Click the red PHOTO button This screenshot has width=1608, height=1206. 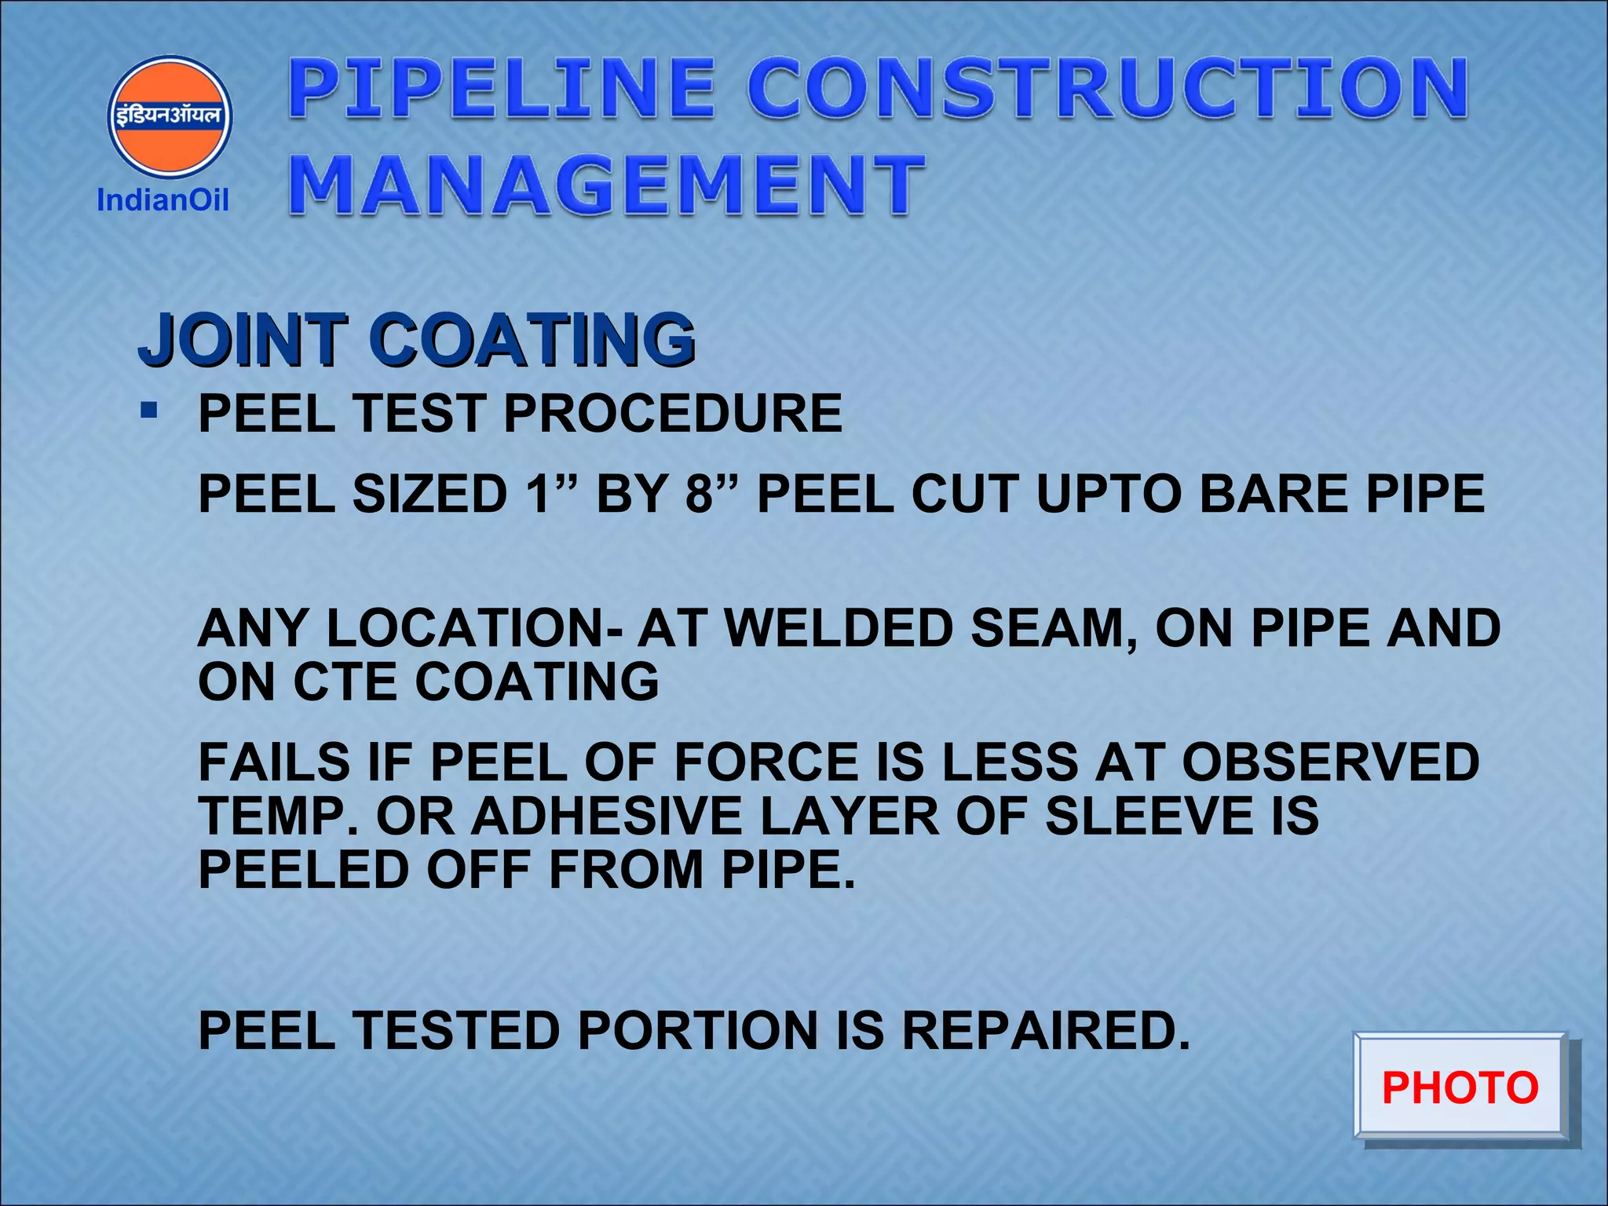pyautogui.click(x=1460, y=1087)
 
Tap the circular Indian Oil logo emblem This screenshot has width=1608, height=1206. pyautogui.click(x=170, y=116)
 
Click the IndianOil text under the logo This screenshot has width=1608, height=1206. pyautogui.click(x=163, y=200)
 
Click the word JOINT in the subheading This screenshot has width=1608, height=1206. pyautogui.click(x=243, y=339)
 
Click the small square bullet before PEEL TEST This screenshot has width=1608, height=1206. pyautogui.click(x=149, y=410)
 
